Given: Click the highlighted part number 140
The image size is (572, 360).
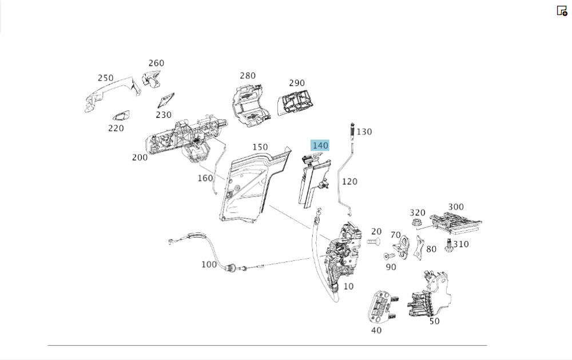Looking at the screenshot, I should [x=320, y=145].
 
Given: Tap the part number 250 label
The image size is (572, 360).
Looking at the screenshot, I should [x=105, y=78].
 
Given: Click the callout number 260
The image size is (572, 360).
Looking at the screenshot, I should [x=156, y=63].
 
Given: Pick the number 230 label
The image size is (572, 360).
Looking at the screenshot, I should [x=164, y=114].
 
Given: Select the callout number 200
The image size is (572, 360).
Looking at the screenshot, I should [x=140, y=157].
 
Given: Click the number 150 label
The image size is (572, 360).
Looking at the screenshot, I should [x=260, y=147].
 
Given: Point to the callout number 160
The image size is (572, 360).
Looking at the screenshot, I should [x=205, y=178].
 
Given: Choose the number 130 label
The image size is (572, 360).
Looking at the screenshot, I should [x=364, y=132].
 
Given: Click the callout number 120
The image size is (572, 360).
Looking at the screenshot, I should [x=349, y=181].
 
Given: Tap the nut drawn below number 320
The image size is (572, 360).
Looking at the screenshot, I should [x=417, y=222].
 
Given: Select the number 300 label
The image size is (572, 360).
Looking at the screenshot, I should [x=456, y=207].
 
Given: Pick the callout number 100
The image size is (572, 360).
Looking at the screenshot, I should [x=209, y=264].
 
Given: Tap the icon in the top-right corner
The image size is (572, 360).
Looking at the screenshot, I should [x=562, y=10].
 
